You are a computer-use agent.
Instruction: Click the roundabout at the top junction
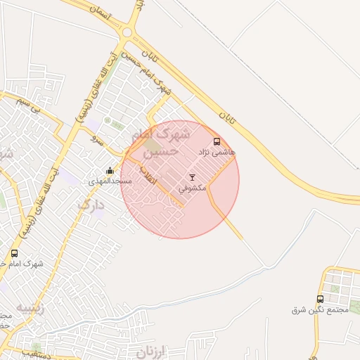click(127, 32)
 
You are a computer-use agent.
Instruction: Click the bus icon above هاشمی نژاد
click(216, 141)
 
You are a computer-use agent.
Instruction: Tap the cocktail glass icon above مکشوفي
click(192, 177)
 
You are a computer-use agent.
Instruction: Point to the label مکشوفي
click(192, 188)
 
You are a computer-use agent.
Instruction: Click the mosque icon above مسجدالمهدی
click(110, 171)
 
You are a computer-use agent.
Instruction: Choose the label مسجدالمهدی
click(107, 181)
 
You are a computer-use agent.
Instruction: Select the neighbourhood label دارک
click(91, 205)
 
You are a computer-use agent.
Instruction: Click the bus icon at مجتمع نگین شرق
click(321, 299)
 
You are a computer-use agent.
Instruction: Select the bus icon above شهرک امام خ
click(15, 253)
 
